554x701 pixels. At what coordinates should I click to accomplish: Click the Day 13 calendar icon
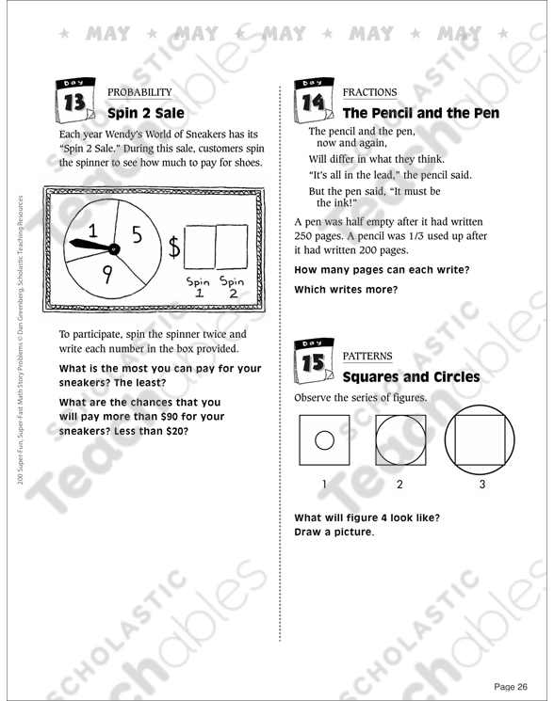click(x=74, y=100)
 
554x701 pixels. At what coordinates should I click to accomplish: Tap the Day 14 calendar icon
click(x=314, y=100)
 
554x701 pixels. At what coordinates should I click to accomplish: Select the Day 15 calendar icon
click(x=314, y=360)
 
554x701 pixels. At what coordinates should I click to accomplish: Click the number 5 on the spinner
click(x=137, y=234)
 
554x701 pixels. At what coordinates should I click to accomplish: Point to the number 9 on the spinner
click(x=107, y=274)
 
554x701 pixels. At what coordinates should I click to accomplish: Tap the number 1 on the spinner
click(x=92, y=231)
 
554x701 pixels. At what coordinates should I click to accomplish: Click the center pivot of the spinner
click(x=115, y=248)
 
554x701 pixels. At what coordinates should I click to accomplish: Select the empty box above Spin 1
click(x=200, y=247)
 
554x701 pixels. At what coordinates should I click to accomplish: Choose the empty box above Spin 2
click(x=232, y=247)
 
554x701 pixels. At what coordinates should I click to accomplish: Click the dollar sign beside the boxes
click(x=174, y=247)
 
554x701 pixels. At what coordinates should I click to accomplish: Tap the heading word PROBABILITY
click(x=139, y=92)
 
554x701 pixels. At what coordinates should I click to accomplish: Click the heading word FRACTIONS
click(x=369, y=92)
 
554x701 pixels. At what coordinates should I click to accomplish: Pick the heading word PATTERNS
click(x=367, y=356)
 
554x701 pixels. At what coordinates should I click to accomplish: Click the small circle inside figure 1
click(x=324, y=440)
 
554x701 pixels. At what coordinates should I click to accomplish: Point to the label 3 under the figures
click(x=482, y=485)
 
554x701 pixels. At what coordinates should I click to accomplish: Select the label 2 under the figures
click(x=399, y=485)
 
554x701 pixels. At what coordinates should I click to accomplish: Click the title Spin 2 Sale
click(x=146, y=113)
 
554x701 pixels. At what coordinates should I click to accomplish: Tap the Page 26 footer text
click(x=511, y=687)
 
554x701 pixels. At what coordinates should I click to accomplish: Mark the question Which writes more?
click(x=346, y=289)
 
